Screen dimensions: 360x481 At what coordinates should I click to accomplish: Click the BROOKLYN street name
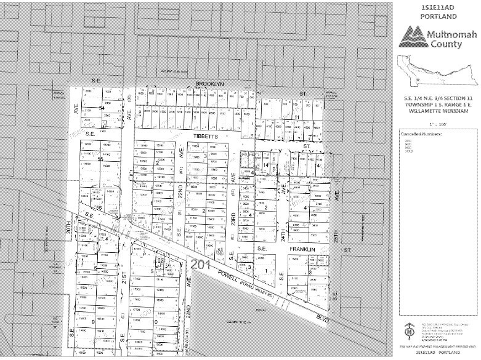pyautogui.click(x=209, y=82)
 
